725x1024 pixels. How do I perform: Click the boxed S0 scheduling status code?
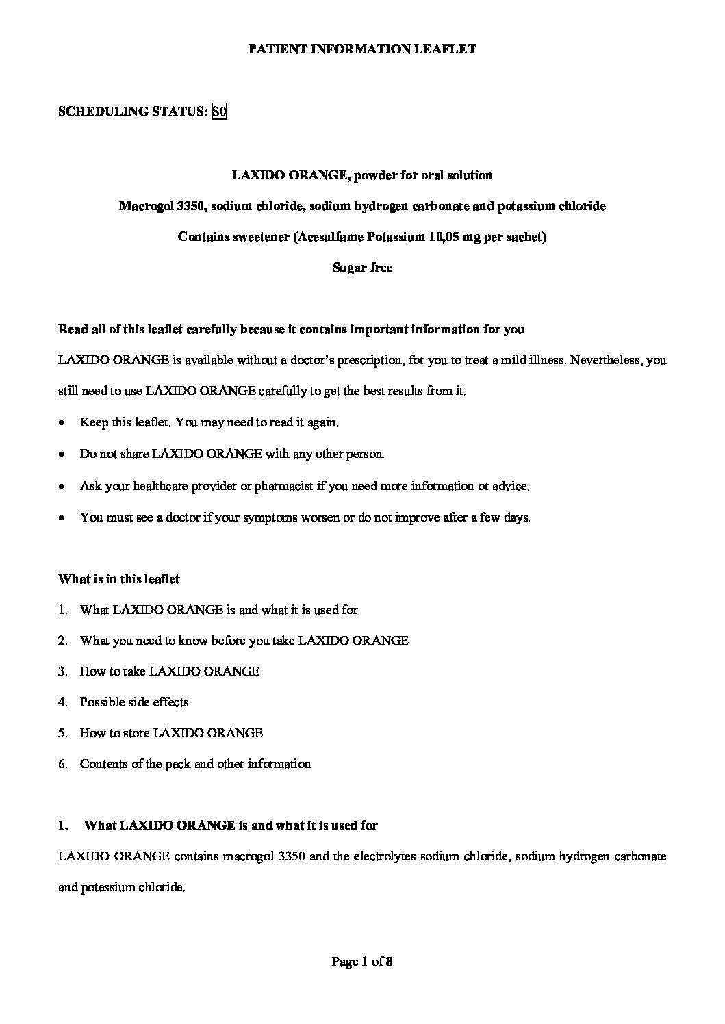219,112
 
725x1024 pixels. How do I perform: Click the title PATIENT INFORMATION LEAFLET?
361,49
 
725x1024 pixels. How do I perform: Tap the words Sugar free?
362,268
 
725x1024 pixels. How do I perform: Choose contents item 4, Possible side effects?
134,702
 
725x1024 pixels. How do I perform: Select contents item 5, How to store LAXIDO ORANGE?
171,732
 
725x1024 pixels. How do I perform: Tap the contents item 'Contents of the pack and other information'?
195,763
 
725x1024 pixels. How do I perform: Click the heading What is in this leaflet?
119,579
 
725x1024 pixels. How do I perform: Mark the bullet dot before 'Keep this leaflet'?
62,424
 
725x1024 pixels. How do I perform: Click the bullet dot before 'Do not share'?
62,455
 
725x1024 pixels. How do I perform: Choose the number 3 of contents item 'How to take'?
62,671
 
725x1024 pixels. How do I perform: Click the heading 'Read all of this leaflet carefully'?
292,329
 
